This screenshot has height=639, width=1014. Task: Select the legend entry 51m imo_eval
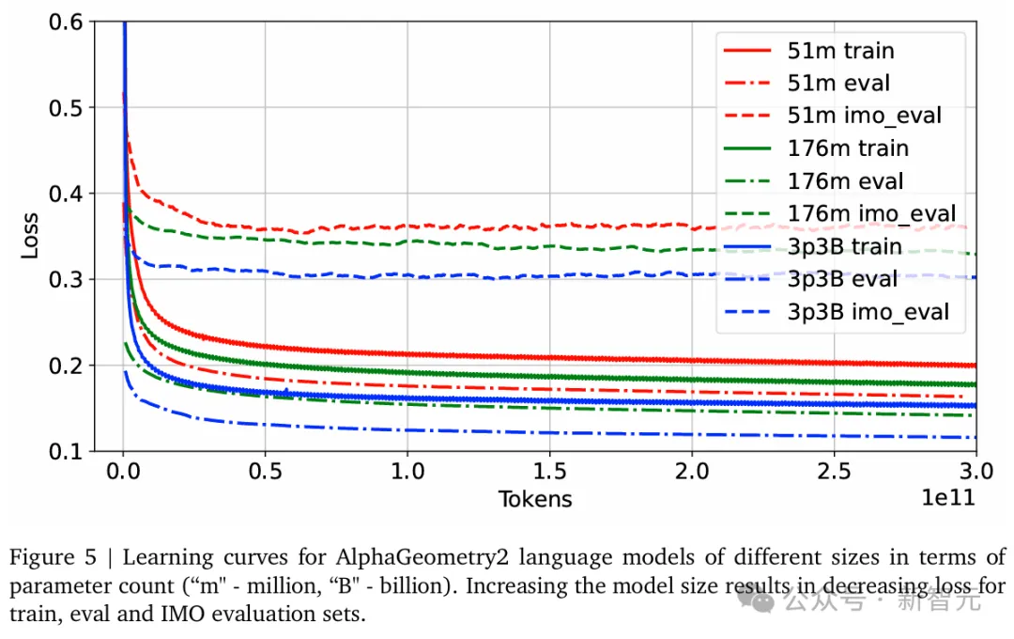(864, 116)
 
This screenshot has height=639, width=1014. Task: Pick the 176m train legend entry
(848, 148)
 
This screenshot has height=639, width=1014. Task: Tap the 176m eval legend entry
(846, 181)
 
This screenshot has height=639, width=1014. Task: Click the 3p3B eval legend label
(842, 279)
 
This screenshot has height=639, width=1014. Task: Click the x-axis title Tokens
(534, 499)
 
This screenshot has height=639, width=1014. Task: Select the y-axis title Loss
(30, 236)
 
